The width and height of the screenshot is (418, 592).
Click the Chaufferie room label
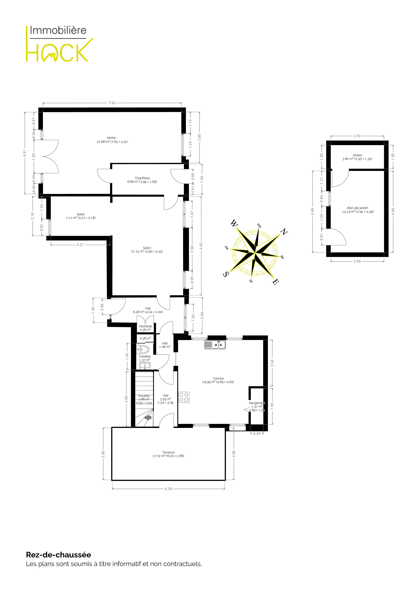click(142, 178)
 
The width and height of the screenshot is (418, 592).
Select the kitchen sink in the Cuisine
click(215, 344)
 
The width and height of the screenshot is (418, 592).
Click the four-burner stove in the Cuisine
click(184, 397)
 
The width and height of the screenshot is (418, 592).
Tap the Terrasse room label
click(168, 452)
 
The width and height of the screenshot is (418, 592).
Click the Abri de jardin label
click(357, 208)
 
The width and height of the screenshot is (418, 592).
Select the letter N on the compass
click(284, 231)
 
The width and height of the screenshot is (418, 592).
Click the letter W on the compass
click(234, 223)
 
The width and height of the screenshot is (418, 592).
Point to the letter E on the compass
click(276, 282)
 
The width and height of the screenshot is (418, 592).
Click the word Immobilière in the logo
click(58, 30)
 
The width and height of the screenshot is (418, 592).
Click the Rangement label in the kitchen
click(257, 403)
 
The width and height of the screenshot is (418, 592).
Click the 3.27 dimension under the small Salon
click(80, 245)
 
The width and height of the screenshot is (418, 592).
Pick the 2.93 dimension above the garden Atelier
click(357, 136)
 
